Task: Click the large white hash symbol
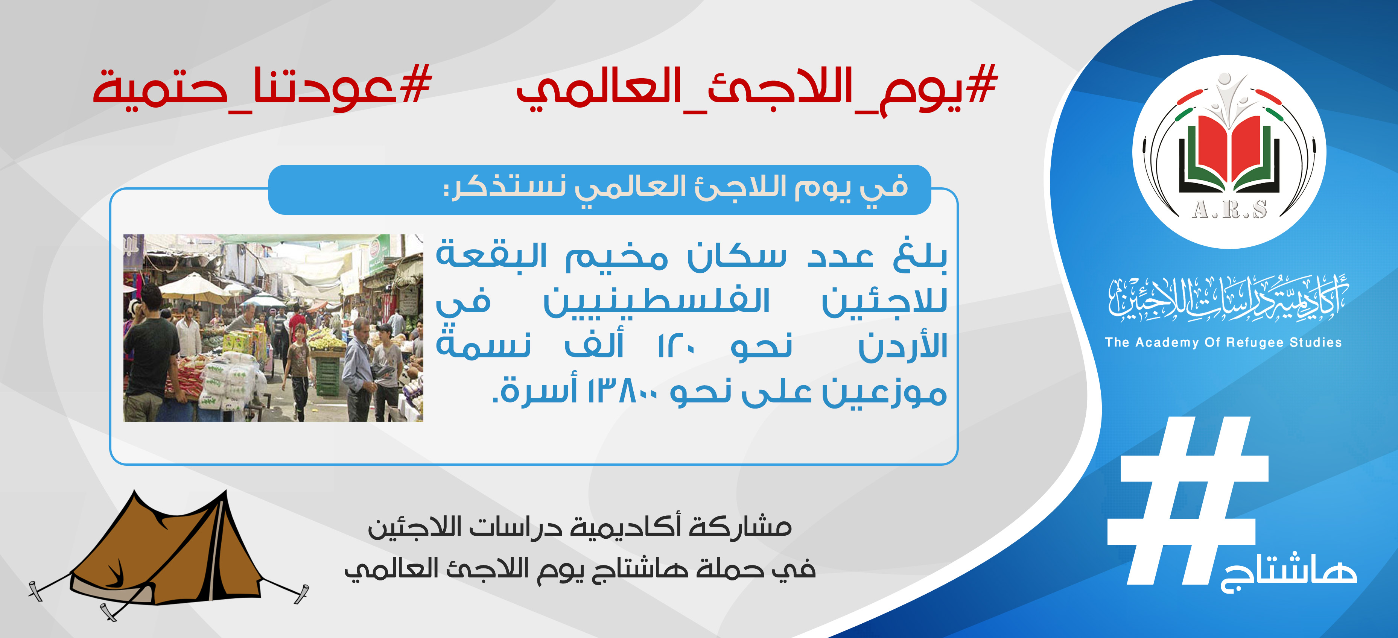tap(1187, 500)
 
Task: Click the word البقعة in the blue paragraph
tap(492, 254)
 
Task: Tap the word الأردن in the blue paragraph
tap(902, 346)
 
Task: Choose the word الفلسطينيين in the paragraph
tap(657, 301)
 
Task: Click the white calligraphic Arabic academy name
tap(1229, 298)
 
